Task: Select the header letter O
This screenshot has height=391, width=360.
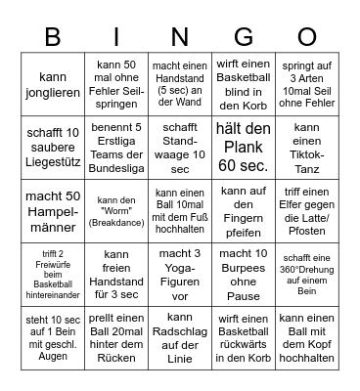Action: click(x=306, y=37)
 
